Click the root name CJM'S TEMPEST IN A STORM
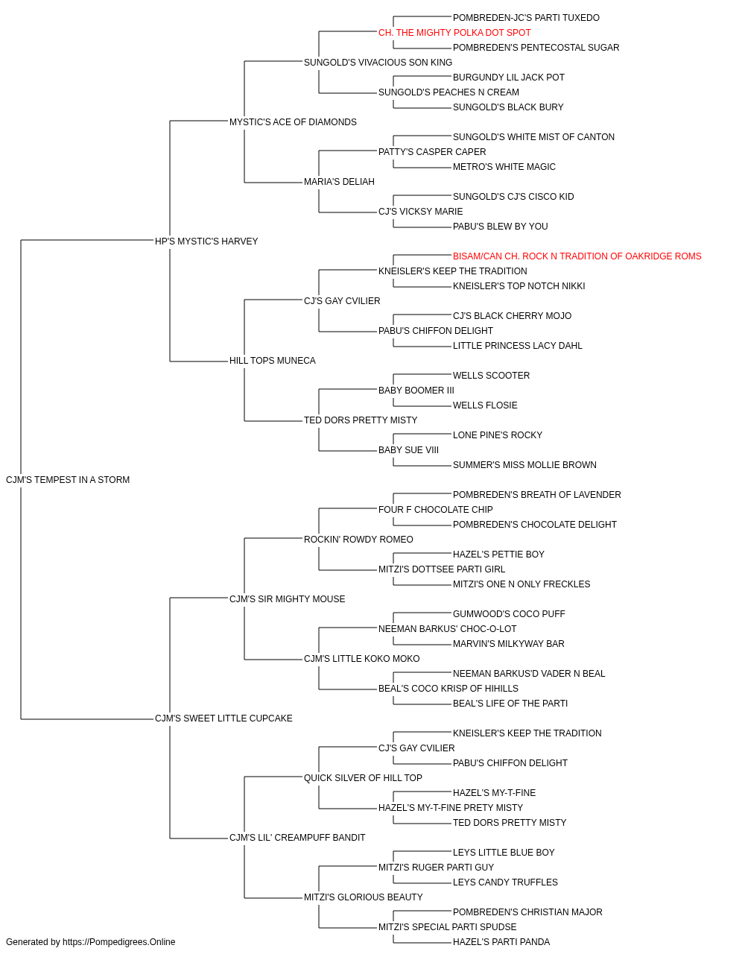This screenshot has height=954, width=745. [x=68, y=480]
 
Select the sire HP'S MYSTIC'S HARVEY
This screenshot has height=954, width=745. [x=206, y=241]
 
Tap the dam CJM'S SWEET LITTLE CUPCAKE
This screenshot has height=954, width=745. [x=223, y=718]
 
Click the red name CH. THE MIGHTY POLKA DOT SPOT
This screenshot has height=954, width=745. [x=454, y=33]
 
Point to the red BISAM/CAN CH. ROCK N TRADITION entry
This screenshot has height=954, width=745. [x=577, y=256]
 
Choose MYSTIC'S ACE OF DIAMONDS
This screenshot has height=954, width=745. [x=293, y=122]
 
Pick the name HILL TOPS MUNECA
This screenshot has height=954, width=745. [x=273, y=361]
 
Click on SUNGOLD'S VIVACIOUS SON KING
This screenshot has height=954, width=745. [x=378, y=63]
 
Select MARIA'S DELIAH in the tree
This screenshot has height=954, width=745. [x=339, y=182]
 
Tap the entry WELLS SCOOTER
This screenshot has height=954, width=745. [x=492, y=376]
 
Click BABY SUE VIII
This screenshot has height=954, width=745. [x=408, y=450]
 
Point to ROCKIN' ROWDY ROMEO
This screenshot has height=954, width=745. [x=358, y=540]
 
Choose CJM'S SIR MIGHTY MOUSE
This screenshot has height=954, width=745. [x=288, y=599]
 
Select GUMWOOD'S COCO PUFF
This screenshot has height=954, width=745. [x=509, y=614]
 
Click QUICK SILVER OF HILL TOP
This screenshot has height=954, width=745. [x=363, y=778]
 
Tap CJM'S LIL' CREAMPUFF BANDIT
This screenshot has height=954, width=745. [x=297, y=838]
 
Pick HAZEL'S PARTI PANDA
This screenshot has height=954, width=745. [x=501, y=942]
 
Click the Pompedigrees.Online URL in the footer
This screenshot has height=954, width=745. [x=119, y=942]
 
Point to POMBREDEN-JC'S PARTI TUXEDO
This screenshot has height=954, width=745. [x=526, y=18]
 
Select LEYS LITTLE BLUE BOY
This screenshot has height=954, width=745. [x=504, y=853]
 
